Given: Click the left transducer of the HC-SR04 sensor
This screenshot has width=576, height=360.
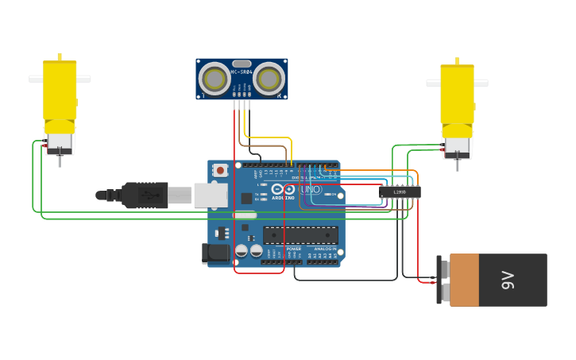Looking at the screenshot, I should pyautogui.click(x=215, y=79).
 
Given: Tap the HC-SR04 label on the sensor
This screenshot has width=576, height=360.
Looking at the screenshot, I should pyautogui.click(x=242, y=72).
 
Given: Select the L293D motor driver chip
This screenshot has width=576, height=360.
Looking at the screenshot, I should pyautogui.click(x=399, y=192).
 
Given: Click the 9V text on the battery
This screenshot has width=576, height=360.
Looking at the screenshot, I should pyautogui.click(x=508, y=280).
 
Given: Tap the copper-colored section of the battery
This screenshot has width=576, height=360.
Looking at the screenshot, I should pyautogui.click(x=464, y=280).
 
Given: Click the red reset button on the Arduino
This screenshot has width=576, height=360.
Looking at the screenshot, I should pyautogui.click(x=219, y=170).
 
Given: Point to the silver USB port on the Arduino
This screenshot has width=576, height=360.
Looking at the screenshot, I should pyautogui.click(x=210, y=195).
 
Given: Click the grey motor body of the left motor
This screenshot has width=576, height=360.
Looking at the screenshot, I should pyautogui.click(x=60, y=142).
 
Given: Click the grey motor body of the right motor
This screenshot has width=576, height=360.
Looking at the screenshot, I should pyautogui.click(x=457, y=145).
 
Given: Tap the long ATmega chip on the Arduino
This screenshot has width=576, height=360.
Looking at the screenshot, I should pyautogui.click(x=300, y=234).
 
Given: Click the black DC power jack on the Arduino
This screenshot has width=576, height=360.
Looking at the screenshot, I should pyautogui.click(x=215, y=254).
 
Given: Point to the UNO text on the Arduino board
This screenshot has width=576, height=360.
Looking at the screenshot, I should pyautogui.click(x=310, y=189).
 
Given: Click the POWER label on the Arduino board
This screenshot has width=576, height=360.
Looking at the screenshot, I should pyautogui.click(x=293, y=249).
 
